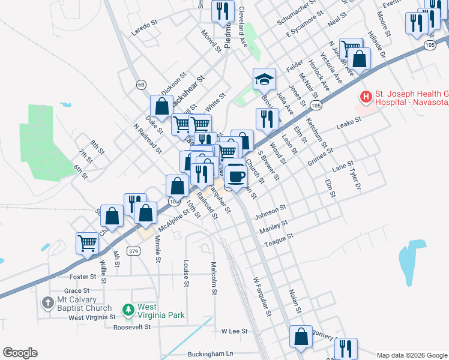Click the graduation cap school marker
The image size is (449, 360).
pos(264,79)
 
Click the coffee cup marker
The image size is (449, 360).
pos(237,176)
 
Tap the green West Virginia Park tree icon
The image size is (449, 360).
pos(127,310)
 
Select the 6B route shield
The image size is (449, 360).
pos(141,85)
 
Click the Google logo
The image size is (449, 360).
pos(20,353)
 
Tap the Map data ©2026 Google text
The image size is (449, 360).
pos(412,355)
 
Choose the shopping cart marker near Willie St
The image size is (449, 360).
pos(87,244)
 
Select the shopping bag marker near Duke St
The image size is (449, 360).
pos(161,106)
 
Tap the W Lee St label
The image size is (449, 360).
pos(235,331)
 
